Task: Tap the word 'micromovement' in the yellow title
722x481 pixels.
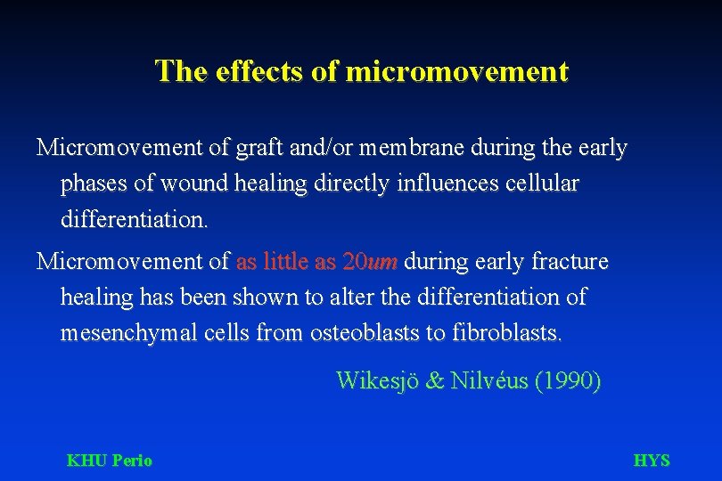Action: click(x=456, y=70)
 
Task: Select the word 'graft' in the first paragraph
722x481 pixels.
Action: click(x=253, y=148)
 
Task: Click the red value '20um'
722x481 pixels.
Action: click(x=371, y=262)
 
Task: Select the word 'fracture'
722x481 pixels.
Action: click(x=570, y=262)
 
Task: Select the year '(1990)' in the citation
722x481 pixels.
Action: click(x=567, y=381)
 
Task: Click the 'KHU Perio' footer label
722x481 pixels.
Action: click(x=110, y=461)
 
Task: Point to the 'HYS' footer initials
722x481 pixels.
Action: click(x=651, y=461)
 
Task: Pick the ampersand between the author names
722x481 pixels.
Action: click(x=435, y=381)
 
